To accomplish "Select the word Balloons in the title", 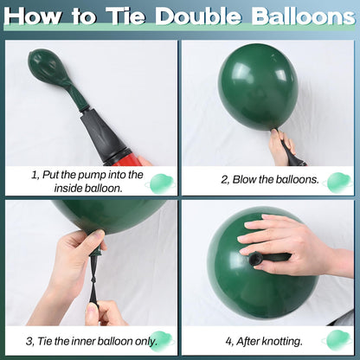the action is [x=303, y=16].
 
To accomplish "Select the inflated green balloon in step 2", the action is [x=258, y=87].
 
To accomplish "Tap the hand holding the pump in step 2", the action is [x=282, y=147].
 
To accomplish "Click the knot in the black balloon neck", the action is [x=94, y=280].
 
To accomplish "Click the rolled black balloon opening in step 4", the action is [x=255, y=259].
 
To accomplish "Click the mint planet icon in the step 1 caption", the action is [x=161, y=183].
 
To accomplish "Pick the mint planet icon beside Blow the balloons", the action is [x=337, y=183].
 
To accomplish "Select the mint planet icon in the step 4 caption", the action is [x=337, y=340].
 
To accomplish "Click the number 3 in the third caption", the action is [x=29, y=342].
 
